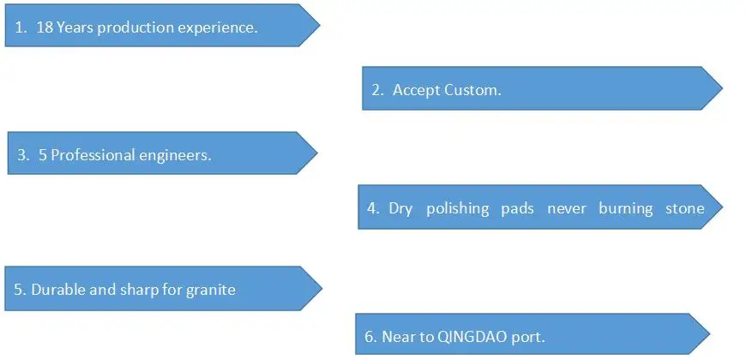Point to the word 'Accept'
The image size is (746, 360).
[x=416, y=90]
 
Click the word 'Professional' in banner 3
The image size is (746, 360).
[x=93, y=155]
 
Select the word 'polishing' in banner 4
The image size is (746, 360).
[x=457, y=208]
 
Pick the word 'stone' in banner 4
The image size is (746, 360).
[x=685, y=208]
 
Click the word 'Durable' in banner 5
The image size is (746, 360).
[x=57, y=290]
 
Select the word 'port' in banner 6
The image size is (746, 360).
[x=527, y=337]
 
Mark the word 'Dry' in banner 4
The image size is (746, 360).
[x=400, y=208]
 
